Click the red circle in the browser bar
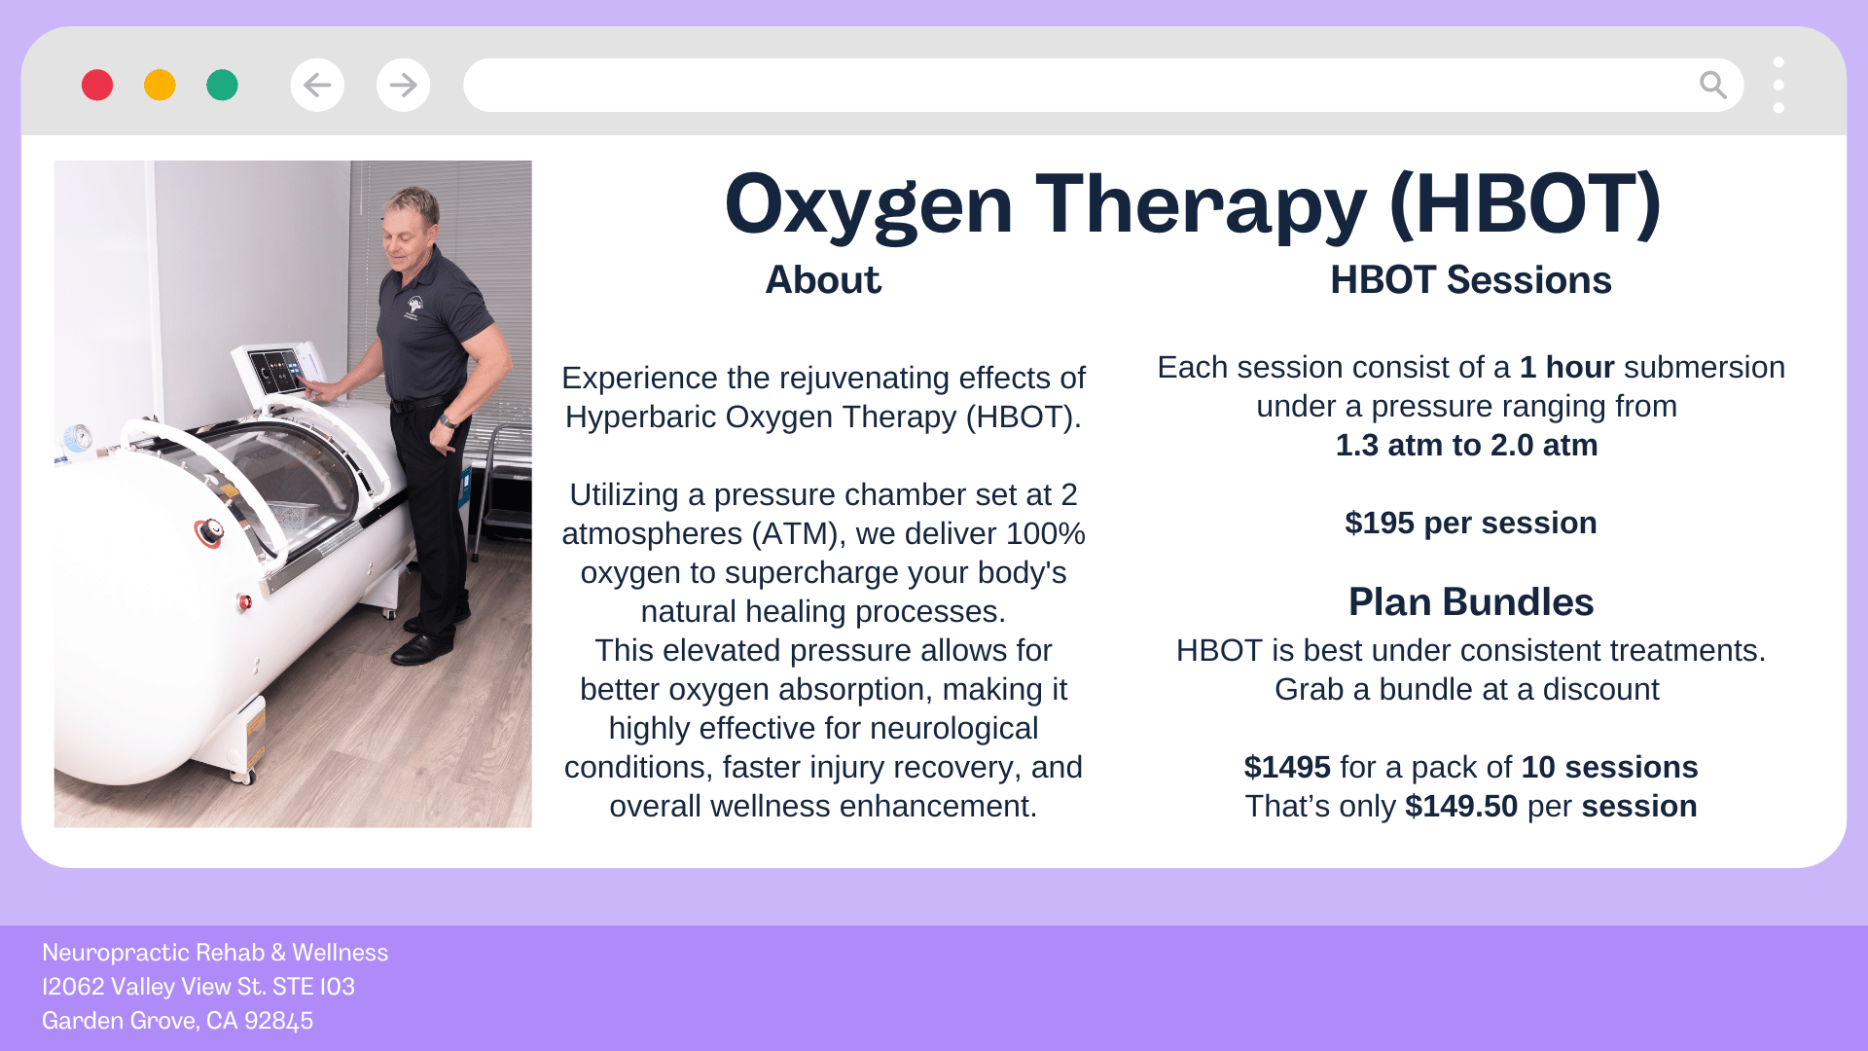click(x=97, y=85)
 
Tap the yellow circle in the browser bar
click(x=160, y=85)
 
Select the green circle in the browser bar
click(x=222, y=85)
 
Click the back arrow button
click(x=317, y=85)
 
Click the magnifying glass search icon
click(x=1712, y=85)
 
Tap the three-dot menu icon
click(x=1778, y=85)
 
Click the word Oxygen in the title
click(x=869, y=206)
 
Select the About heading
click(x=823, y=280)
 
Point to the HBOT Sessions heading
click(x=1471, y=280)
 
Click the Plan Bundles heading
click(x=1471, y=602)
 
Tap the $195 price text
click(x=1380, y=523)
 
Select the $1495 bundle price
click(x=1287, y=767)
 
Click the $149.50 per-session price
click(x=1461, y=806)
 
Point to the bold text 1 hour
click(x=1566, y=367)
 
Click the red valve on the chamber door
click(x=209, y=532)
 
